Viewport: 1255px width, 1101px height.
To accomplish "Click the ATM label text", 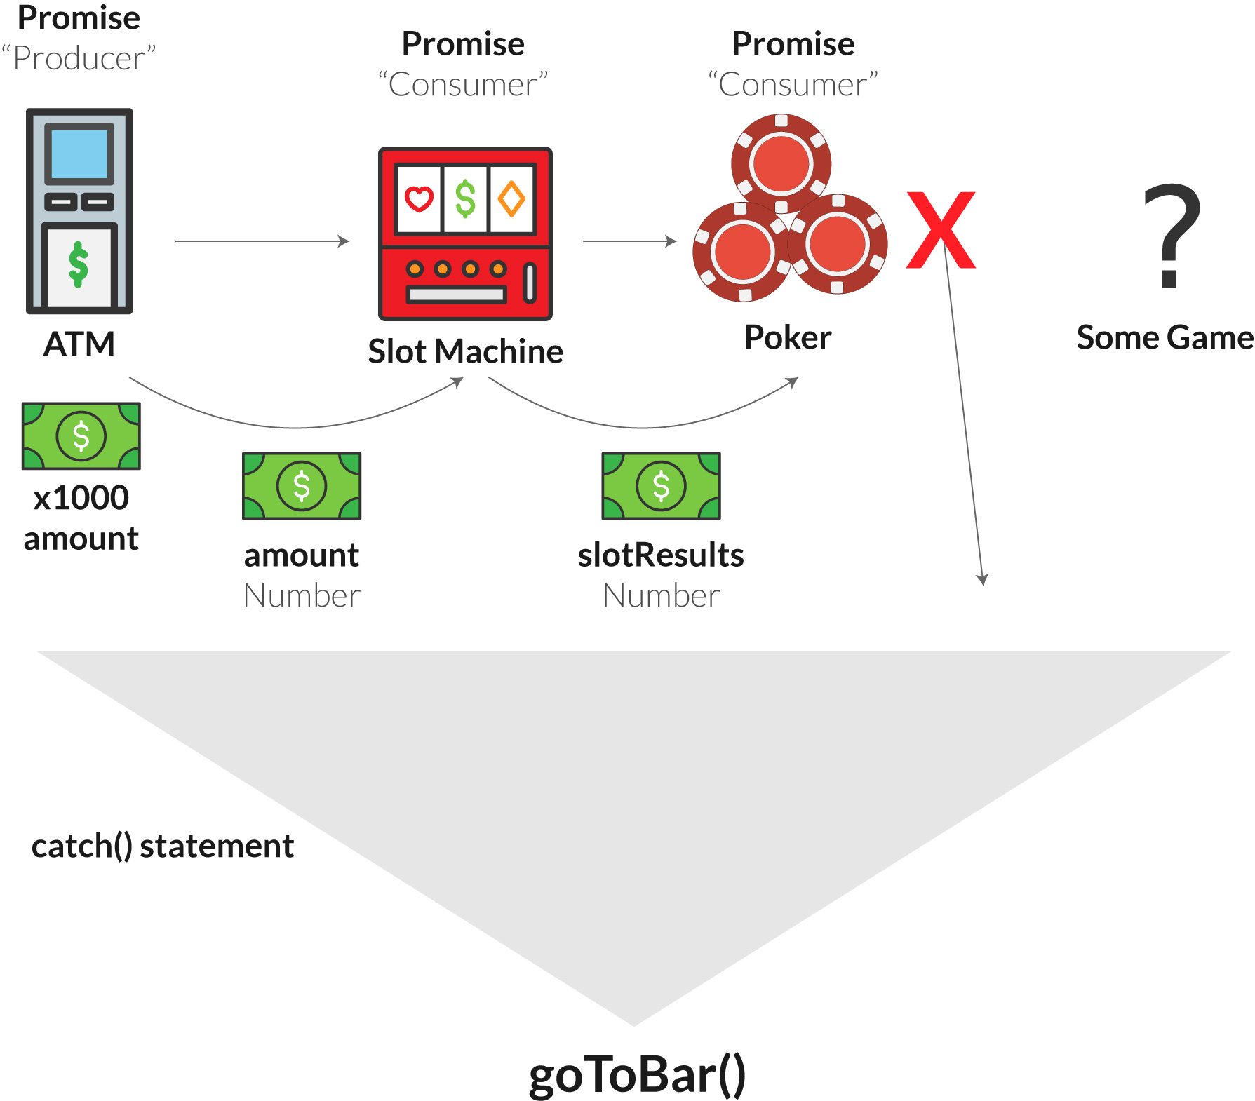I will point(79,344).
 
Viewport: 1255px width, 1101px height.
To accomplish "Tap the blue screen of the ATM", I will point(79,153).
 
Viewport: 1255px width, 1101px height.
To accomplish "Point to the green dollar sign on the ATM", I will point(79,264).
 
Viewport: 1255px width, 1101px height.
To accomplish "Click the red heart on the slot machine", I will point(419,199).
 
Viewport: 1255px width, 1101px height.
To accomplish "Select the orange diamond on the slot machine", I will point(511,199).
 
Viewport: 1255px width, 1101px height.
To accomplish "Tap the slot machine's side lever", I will point(530,283).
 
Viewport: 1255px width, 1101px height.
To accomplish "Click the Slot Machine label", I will point(465,351).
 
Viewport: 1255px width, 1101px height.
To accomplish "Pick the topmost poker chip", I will point(781,163).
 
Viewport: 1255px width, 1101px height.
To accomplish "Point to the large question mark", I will point(1172,235).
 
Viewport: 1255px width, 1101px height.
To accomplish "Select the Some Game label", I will point(1165,338).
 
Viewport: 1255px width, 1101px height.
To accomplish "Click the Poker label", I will point(788,338).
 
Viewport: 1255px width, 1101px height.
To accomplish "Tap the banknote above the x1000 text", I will point(81,435).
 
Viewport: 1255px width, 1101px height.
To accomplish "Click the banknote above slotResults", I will point(661,485).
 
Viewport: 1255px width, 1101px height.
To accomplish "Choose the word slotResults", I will point(661,555).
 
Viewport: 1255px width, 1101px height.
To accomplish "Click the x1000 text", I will point(81,498).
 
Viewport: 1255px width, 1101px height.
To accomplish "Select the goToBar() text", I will point(637,1075).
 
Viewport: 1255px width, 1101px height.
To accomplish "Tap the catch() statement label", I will point(163,846).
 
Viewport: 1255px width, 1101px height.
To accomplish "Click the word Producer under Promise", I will point(79,59).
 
